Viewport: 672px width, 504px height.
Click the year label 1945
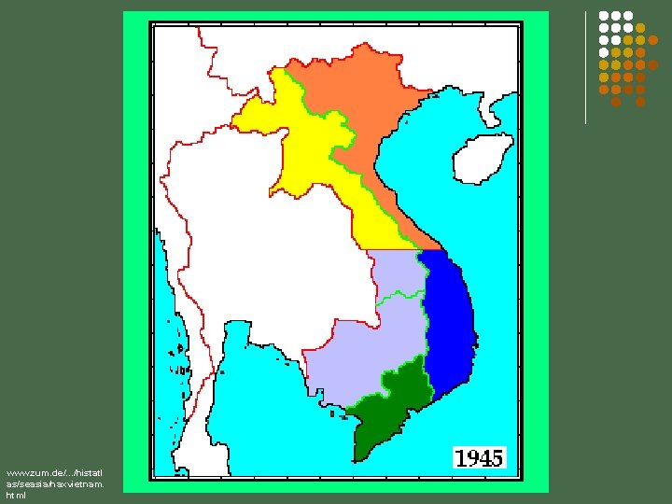point(479,457)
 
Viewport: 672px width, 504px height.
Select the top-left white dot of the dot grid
point(604,16)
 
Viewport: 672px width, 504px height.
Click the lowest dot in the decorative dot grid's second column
point(616,102)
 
